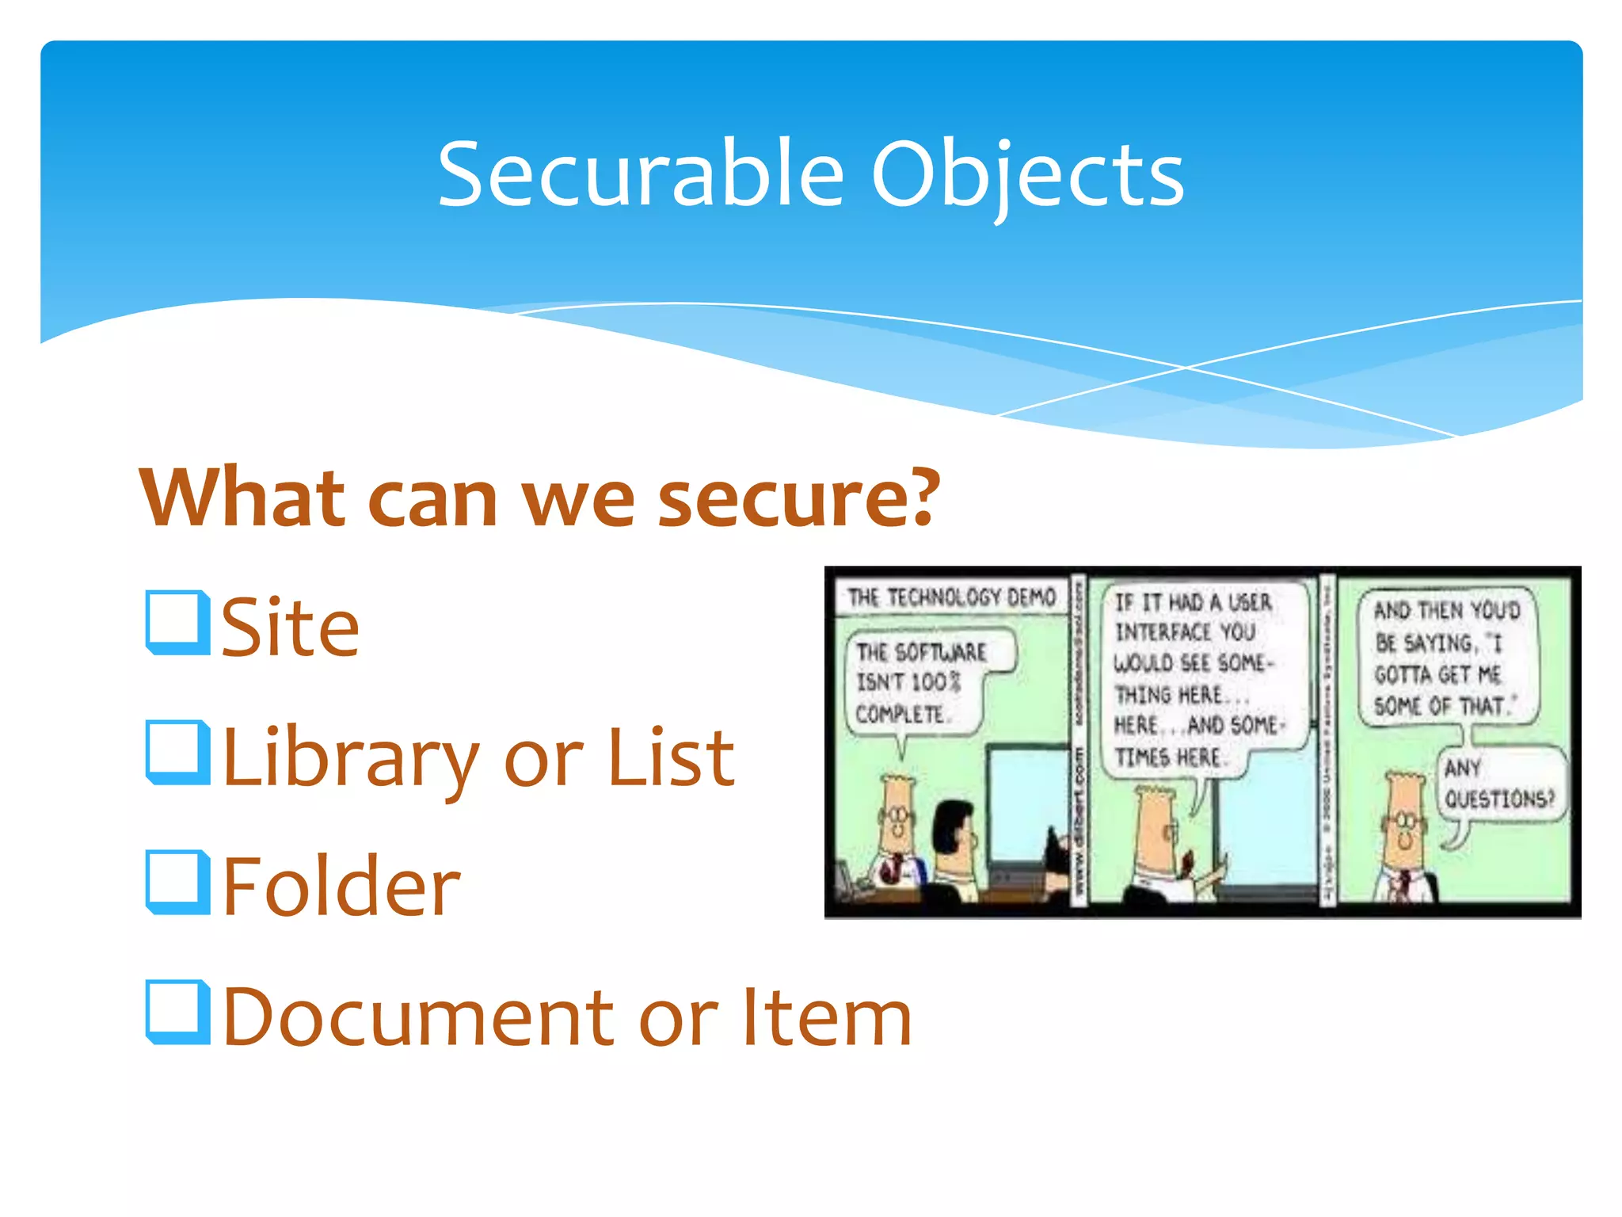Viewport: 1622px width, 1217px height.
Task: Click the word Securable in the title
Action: [x=640, y=174]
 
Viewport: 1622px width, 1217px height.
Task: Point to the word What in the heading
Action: [x=242, y=499]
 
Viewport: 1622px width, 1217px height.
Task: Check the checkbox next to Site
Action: [x=177, y=623]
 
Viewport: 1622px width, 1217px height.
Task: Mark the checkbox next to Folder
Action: [x=177, y=883]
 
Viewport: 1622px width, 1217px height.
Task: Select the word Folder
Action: [x=341, y=887]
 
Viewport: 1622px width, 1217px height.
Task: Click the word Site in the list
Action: [x=290, y=628]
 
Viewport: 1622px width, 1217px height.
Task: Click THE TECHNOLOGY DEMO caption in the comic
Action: [x=951, y=597]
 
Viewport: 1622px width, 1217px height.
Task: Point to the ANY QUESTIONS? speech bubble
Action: [x=1499, y=784]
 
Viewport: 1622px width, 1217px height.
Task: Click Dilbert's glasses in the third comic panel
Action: [x=1403, y=821]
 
